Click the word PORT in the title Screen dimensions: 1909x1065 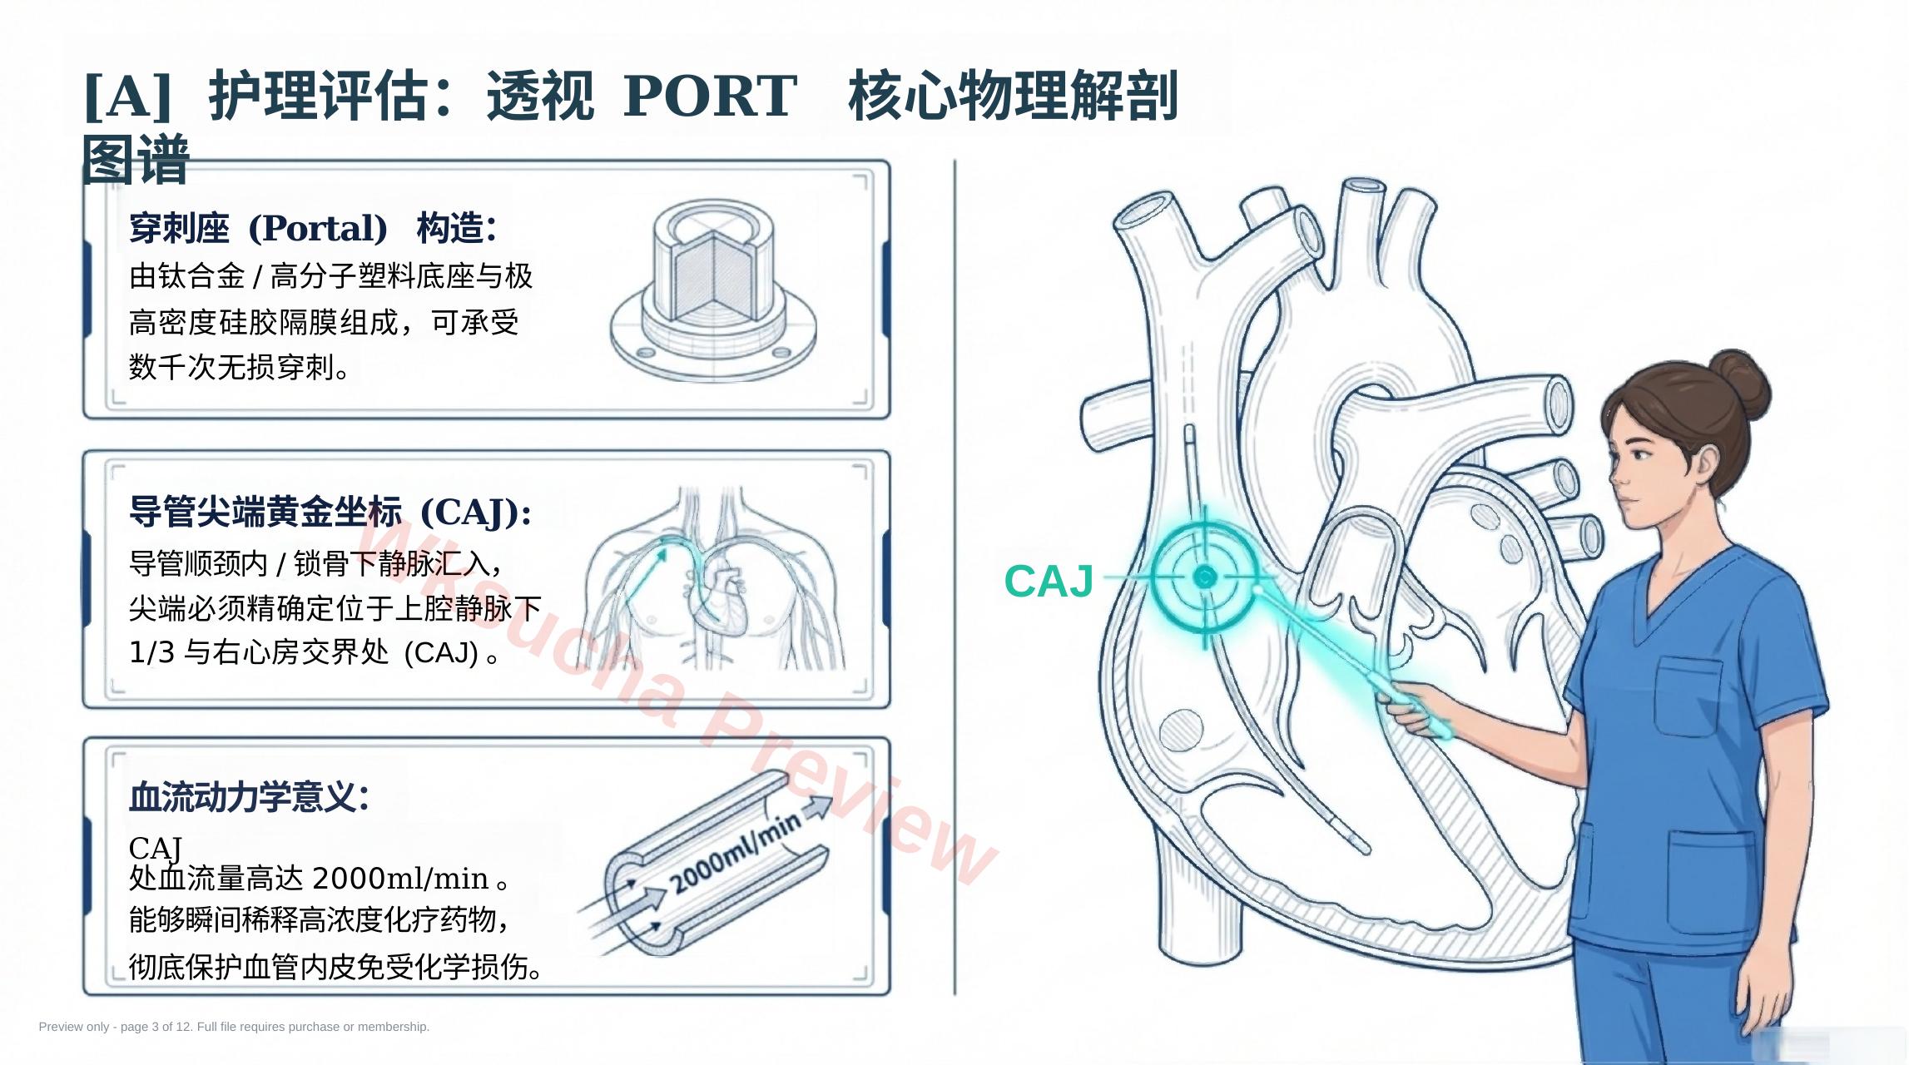[x=710, y=96]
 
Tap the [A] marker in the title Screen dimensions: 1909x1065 [x=128, y=97]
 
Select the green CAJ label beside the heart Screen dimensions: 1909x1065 [x=1049, y=581]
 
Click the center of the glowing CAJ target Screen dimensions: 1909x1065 [x=1204, y=576]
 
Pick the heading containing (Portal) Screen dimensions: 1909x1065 [x=313, y=228]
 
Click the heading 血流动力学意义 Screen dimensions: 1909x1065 [x=249, y=796]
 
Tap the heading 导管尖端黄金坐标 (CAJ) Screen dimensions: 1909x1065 [x=330, y=512]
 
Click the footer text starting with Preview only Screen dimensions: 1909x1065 [x=234, y=1027]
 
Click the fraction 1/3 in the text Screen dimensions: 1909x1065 [x=151, y=652]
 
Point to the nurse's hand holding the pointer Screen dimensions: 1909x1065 [x=1419, y=707]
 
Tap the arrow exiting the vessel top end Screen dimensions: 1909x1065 [x=816, y=807]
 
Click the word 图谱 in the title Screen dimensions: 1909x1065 [x=136, y=159]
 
